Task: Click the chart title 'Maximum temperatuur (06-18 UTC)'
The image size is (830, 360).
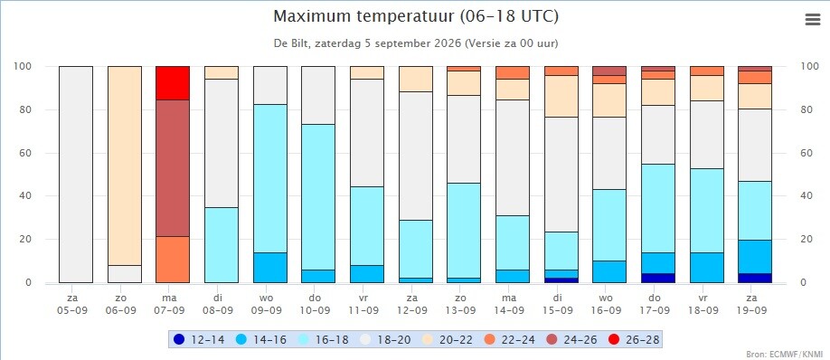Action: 416,16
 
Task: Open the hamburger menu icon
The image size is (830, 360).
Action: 812,20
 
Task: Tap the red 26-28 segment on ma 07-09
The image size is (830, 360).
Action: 173,83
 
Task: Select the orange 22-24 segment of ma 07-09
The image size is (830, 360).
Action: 173,260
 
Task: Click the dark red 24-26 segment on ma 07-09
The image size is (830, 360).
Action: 173,168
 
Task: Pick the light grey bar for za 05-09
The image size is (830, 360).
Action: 76,175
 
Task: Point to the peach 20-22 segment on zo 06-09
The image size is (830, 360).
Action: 125,166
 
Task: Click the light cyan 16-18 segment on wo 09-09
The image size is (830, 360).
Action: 270,178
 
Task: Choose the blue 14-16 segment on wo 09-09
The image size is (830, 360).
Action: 270,268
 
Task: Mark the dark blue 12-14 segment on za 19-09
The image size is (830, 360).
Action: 755,278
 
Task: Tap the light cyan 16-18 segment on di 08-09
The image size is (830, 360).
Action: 222,245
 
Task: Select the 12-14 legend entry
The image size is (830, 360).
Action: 199,339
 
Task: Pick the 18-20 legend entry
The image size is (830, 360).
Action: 386,339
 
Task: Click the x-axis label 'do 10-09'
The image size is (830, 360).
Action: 318,304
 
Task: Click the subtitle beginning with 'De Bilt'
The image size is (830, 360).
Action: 416,43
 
